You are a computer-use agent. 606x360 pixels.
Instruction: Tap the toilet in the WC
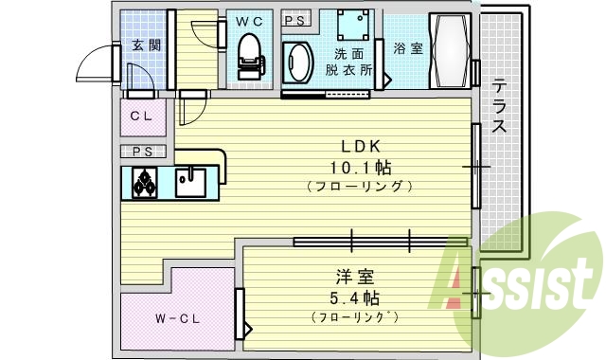point(249,55)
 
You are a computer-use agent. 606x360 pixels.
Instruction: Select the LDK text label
point(360,147)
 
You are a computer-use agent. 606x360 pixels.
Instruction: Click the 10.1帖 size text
point(360,167)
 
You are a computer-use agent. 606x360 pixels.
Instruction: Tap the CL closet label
point(142,117)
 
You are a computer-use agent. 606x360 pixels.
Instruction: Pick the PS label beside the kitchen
point(142,152)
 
